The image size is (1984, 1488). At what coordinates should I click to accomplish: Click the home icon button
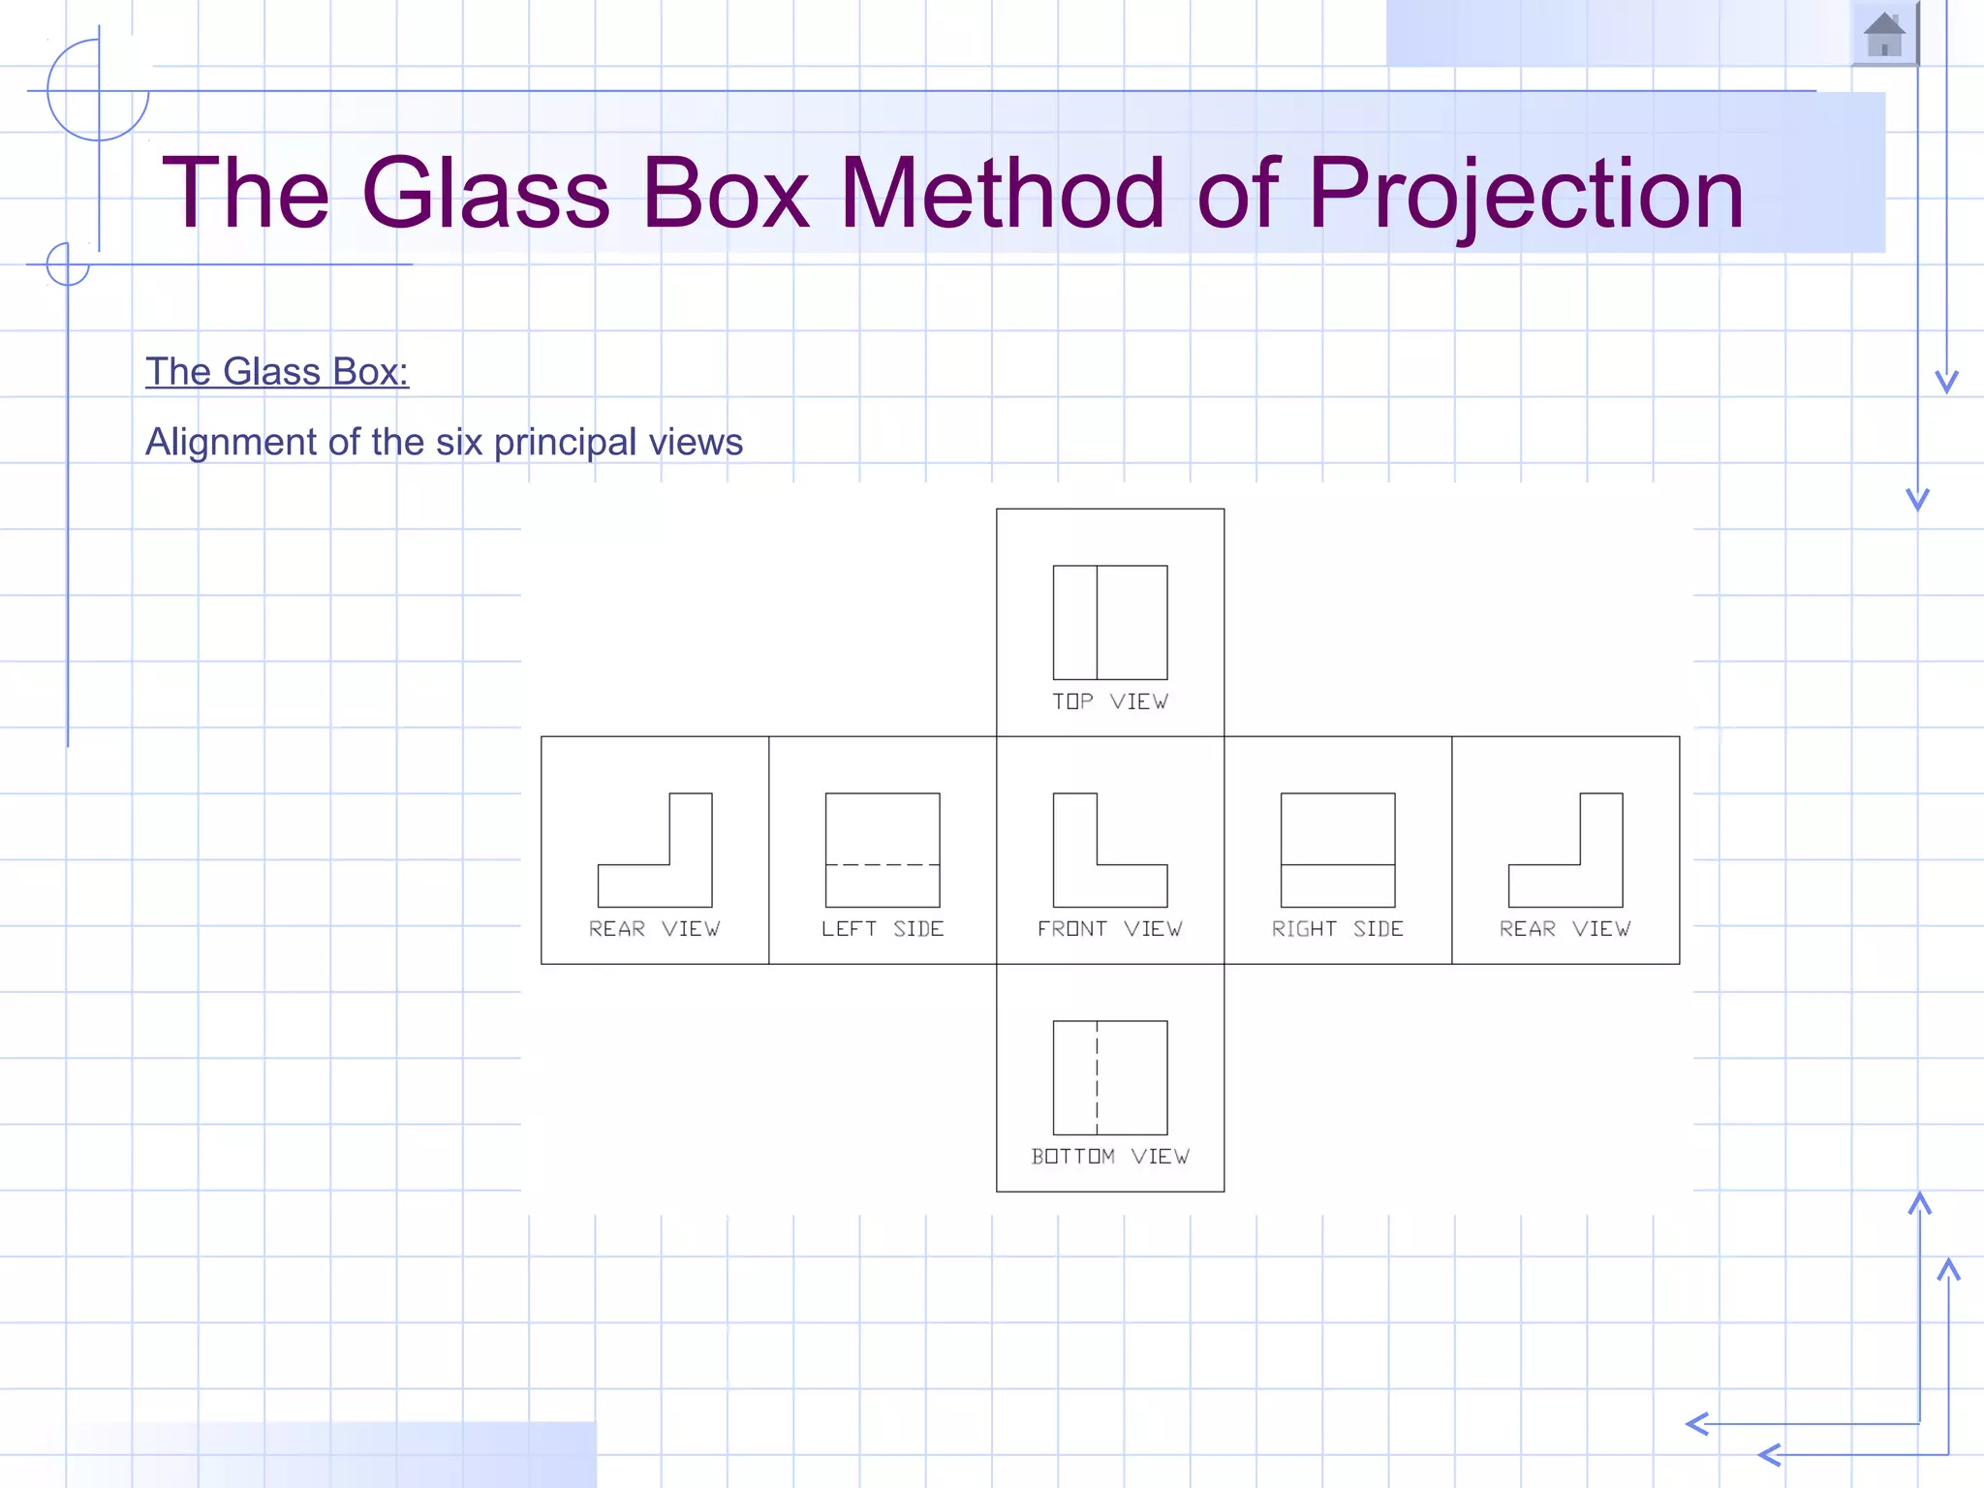(x=1884, y=35)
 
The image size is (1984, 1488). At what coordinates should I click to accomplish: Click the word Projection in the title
(x=1526, y=194)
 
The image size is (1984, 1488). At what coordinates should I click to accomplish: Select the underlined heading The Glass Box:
(x=277, y=372)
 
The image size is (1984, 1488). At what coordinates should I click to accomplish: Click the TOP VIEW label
(x=1110, y=701)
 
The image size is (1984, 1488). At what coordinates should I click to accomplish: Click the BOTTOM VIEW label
(x=1110, y=1157)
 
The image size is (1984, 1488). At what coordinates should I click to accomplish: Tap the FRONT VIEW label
(x=1110, y=929)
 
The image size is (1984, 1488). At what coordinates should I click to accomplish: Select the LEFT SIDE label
(x=883, y=929)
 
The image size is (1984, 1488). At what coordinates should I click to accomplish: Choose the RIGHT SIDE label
(x=1338, y=929)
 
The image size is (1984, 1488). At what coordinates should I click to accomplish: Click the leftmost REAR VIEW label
(x=655, y=929)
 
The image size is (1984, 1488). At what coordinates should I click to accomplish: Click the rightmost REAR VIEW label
(x=1565, y=929)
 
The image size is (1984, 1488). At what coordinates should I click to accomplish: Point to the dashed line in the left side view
(x=883, y=864)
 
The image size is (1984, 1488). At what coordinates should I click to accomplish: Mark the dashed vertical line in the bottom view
(x=1097, y=1077)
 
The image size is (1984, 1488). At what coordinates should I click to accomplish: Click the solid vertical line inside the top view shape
(x=1097, y=622)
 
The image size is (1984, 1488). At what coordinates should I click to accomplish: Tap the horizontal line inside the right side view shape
(x=1338, y=864)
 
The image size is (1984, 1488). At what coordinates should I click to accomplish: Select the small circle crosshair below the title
(x=68, y=263)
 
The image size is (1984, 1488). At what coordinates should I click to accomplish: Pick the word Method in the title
(x=1003, y=194)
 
